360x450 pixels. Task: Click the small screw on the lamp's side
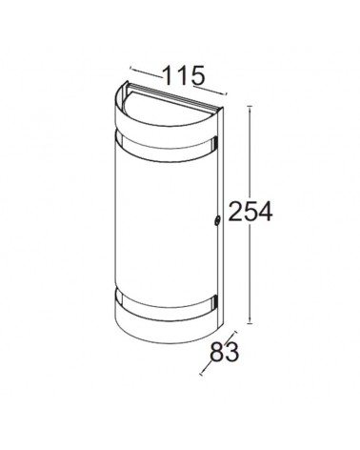click(x=218, y=221)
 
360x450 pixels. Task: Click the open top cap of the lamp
click(x=167, y=100)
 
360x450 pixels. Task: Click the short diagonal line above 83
click(x=230, y=334)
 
